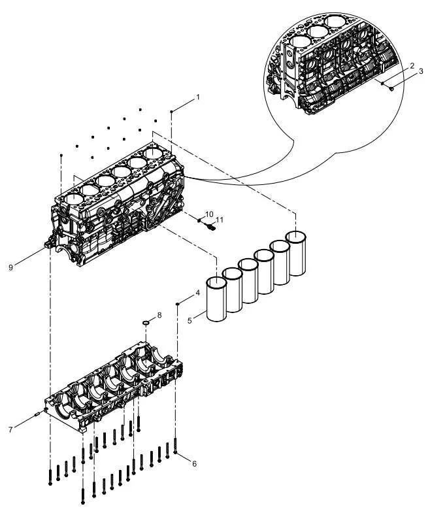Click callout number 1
198,97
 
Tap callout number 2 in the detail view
412,65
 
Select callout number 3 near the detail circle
421,71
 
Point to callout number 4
197,292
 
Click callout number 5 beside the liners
190,320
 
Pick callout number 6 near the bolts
195,463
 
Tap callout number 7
10,429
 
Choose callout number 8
159,316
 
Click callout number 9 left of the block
10,267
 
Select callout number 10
209,214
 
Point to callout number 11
220,219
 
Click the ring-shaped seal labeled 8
146,322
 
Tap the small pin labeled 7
37,414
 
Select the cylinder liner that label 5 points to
216,299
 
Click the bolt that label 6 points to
175,445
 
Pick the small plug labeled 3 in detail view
391,88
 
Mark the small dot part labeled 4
177,304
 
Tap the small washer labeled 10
199,220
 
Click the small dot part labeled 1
171,112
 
